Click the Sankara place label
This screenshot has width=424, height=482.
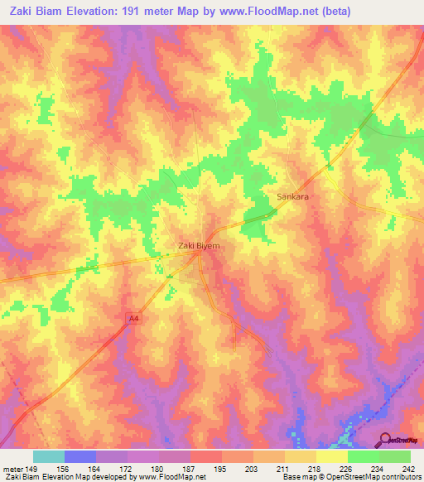coord(291,197)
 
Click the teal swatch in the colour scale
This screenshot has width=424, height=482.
coord(49,456)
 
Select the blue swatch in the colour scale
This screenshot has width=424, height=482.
coord(80,456)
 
